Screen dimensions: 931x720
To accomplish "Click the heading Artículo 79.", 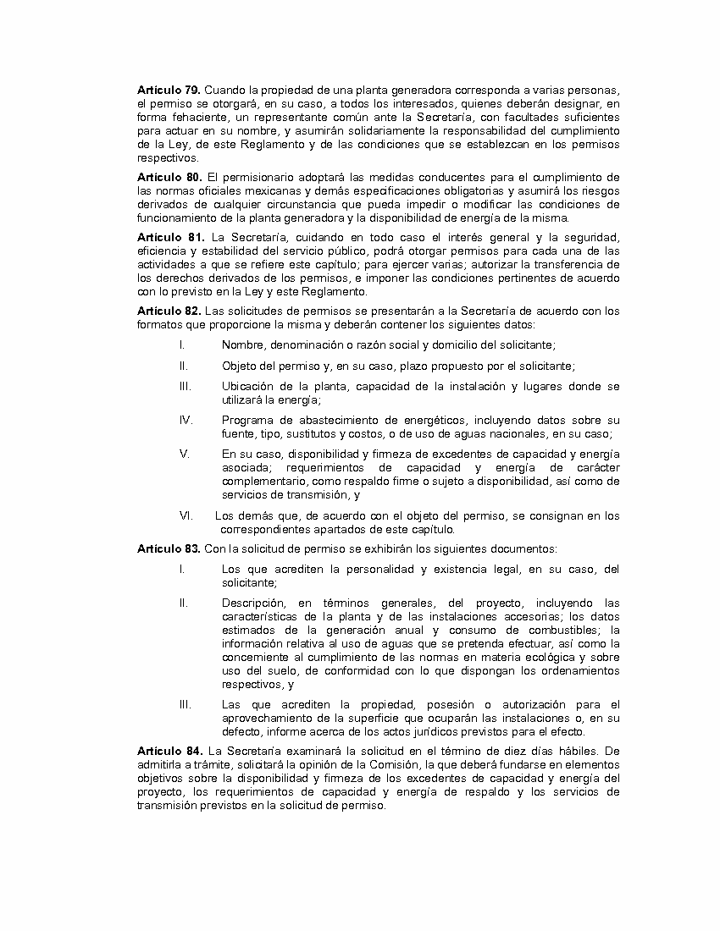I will point(169,90).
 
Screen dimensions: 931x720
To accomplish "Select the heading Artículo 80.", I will point(169,177).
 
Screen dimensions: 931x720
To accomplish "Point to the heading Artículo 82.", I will point(169,311).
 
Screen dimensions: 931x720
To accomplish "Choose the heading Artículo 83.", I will point(169,548).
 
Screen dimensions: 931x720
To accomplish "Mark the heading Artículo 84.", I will point(169,751).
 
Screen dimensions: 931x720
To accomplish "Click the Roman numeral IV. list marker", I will point(186,420).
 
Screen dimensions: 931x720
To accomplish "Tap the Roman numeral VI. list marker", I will point(186,515).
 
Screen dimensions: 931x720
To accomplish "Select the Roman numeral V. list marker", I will point(184,454).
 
